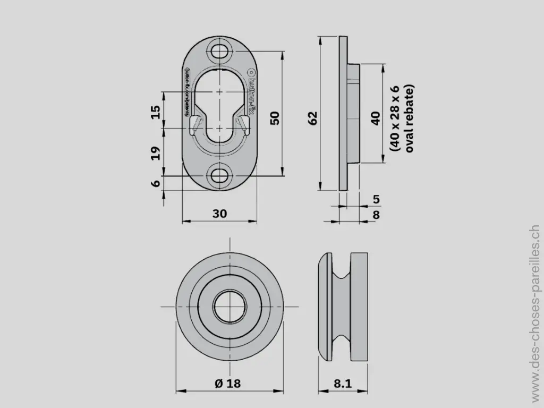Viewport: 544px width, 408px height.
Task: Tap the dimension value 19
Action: point(156,153)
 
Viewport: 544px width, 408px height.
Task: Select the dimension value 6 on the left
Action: point(156,183)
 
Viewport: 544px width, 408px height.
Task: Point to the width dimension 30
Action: point(219,214)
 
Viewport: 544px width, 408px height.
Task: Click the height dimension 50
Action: point(275,118)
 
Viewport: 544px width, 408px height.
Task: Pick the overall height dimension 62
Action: point(312,118)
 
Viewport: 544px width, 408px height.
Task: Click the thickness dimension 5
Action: point(376,200)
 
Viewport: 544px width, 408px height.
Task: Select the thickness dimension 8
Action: point(376,215)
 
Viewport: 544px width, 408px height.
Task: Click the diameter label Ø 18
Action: point(228,384)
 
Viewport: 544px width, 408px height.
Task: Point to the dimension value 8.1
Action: point(342,384)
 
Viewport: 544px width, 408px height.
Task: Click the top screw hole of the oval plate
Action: point(219,52)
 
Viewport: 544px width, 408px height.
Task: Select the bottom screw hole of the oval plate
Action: point(219,176)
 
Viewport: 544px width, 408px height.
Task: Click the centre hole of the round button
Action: point(229,307)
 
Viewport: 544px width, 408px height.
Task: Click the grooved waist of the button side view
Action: point(343,307)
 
